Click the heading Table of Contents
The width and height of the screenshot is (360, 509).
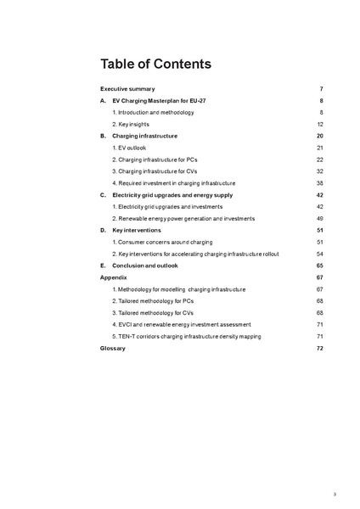[x=155, y=64]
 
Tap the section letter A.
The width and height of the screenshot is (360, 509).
[x=103, y=101]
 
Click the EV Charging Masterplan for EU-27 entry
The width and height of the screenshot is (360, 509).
[x=158, y=101]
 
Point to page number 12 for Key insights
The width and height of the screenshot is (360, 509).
[x=320, y=124]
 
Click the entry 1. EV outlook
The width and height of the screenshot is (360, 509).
[x=129, y=148]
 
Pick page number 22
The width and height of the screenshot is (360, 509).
[x=320, y=159]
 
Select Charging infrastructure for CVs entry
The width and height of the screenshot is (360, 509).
[x=160, y=171]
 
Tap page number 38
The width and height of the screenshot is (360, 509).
[x=320, y=183]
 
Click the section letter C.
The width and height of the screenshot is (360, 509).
[x=103, y=195]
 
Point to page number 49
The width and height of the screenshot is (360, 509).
[x=320, y=219]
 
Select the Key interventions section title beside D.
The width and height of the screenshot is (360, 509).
[x=136, y=231]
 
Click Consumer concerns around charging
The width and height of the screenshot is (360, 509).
[x=162, y=243]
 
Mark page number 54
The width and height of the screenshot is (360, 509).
[x=320, y=255]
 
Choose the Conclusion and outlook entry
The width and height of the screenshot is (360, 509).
[x=149, y=266]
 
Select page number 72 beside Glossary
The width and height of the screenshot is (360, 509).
[x=320, y=349]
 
